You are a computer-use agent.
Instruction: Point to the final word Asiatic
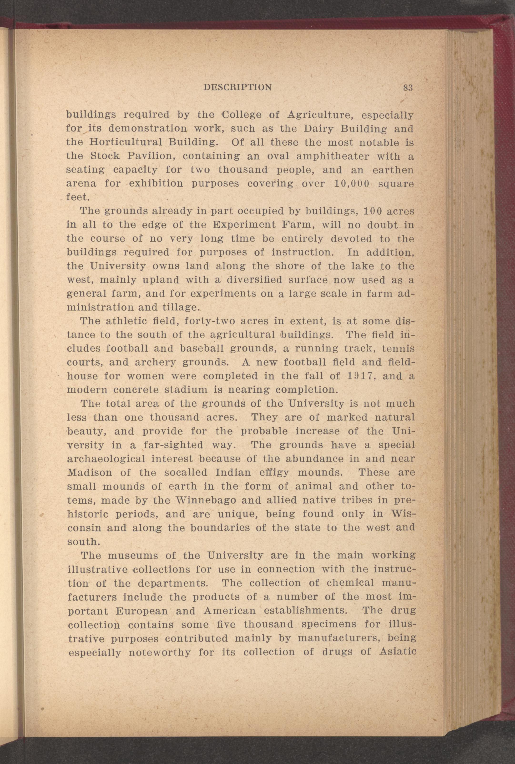click(x=397, y=652)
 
